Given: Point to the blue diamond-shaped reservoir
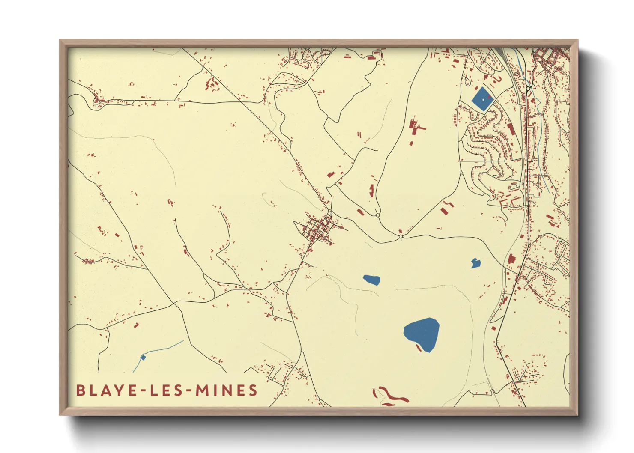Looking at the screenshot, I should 482,99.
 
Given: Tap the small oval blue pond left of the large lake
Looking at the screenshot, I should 371,280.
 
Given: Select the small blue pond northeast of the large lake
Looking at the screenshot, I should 475,263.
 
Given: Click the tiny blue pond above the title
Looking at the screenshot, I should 143,357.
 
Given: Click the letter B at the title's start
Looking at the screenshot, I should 80,390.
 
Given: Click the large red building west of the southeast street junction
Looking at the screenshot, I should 511,259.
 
